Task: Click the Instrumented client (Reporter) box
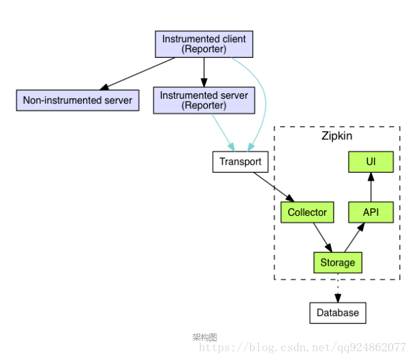(x=204, y=43)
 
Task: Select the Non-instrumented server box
(x=77, y=100)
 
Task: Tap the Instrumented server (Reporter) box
(x=204, y=100)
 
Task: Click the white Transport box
(x=240, y=162)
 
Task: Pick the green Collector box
(x=307, y=212)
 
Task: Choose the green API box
(x=371, y=212)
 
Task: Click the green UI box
(x=371, y=162)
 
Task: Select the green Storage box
(x=338, y=262)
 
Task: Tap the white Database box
(x=338, y=313)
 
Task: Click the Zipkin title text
(x=337, y=136)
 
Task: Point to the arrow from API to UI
(x=371, y=187)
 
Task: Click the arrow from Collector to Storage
(x=322, y=237)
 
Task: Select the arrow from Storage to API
(x=354, y=237)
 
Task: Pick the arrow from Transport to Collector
(x=274, y=187)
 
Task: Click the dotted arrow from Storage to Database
(x=338, y=288)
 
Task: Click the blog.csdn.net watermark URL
(x=302, y=347)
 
